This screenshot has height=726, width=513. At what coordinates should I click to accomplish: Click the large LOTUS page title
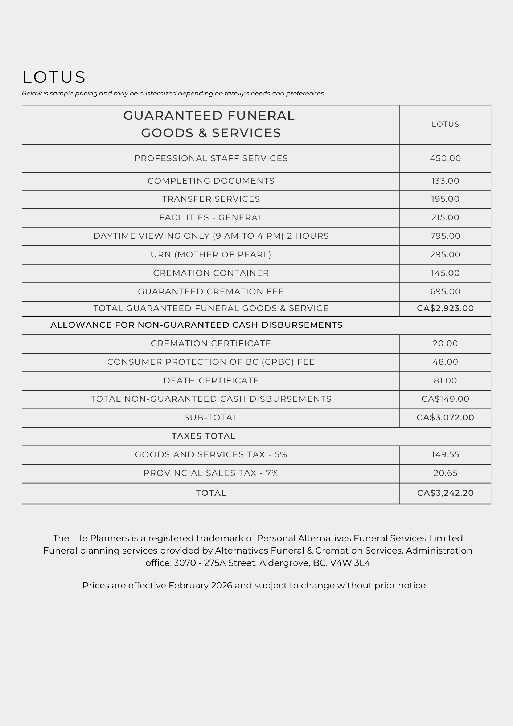point(54,77)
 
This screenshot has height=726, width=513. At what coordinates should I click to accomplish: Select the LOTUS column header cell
point(445,124)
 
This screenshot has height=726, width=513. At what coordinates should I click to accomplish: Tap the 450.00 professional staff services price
point(445,158)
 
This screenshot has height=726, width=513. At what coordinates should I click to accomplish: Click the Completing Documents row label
point(211,181)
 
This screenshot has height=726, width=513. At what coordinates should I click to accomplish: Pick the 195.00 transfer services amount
point(445,199)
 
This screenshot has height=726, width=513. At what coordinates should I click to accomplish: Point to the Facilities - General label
point(211,217)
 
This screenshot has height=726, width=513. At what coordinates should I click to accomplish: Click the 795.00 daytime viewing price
point(445,236)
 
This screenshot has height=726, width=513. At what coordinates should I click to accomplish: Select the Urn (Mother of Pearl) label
point(211,254)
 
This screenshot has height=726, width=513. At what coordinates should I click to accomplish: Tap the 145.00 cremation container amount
point(445,273)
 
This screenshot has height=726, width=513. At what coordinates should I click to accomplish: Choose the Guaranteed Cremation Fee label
point(211,291)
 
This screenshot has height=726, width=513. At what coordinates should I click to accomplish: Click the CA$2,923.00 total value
point(445,308)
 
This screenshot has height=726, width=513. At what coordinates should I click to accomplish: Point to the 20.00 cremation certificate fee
point(445,343)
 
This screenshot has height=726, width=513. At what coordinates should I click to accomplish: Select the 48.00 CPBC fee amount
point(445,362)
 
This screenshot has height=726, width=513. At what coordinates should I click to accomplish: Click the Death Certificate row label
point(211,380)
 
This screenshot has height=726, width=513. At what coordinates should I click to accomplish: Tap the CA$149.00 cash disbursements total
point(445,399)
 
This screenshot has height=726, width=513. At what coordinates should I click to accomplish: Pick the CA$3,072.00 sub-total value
point(445,417)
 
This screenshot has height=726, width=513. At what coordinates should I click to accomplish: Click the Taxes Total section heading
point(204,436)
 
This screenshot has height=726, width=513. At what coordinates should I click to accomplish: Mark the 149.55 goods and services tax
point(445,454)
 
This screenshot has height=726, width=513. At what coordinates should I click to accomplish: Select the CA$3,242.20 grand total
point(445,493)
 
